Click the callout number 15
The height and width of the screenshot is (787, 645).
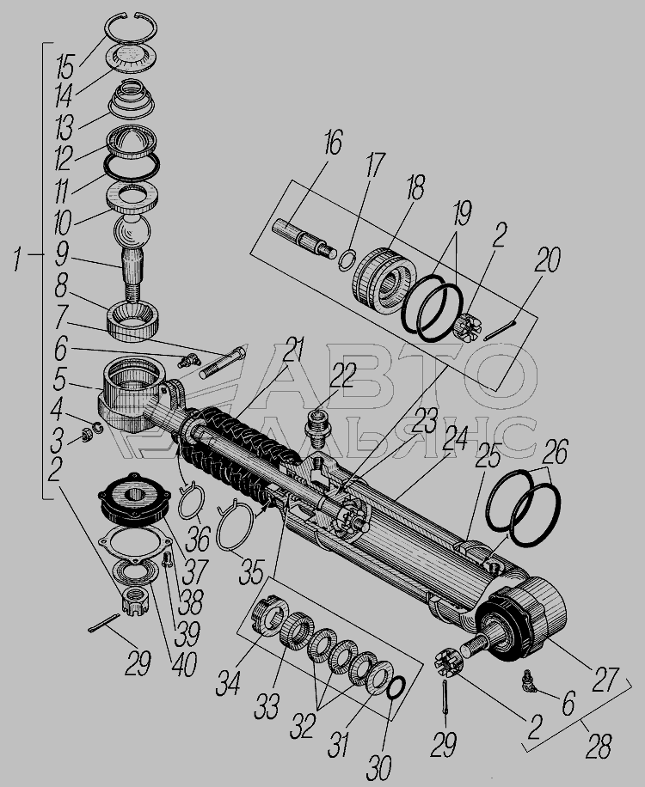tap(65, 67)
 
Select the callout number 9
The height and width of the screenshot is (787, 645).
tap(61, 255)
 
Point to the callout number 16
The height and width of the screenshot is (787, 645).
tap(333, 142)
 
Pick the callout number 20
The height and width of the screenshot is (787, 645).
tap(548, 259)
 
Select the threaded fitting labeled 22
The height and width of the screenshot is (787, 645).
tap(317, 430)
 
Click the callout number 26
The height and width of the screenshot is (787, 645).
tap(555, 452)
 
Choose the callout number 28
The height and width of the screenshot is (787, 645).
tap(599, 746)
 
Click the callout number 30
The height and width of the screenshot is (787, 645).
tap(380, 767)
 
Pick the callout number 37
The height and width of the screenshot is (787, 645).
tap(195, 571)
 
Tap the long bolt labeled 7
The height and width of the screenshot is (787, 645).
tap(223, 363)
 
